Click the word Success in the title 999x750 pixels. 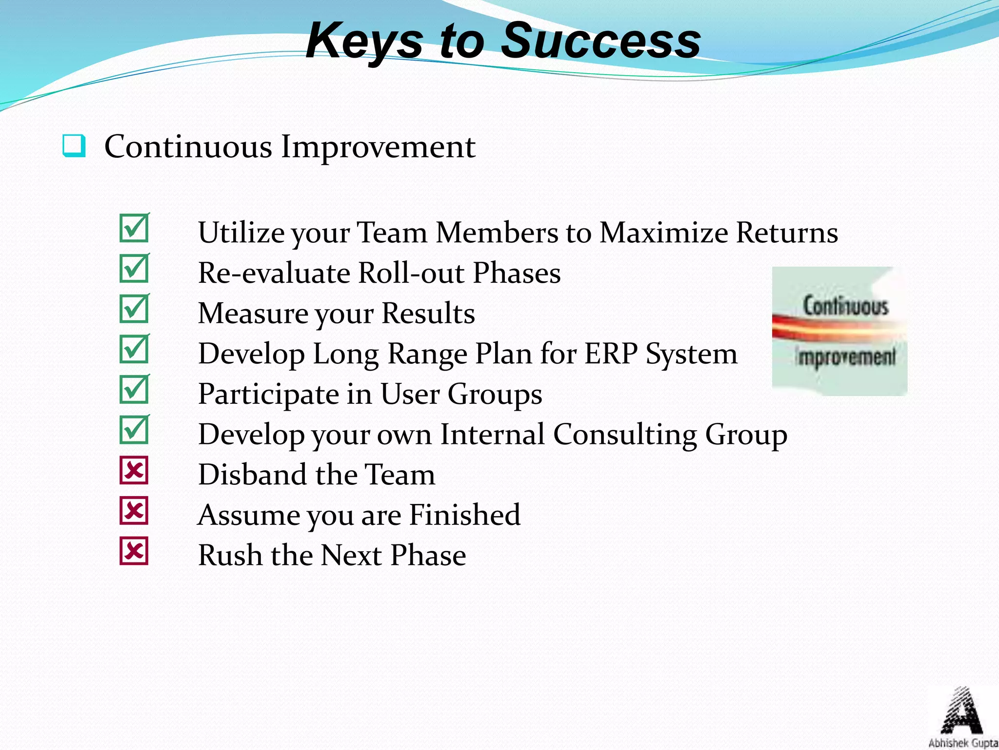tap(601, 41)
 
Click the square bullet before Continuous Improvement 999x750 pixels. tap(74, 146)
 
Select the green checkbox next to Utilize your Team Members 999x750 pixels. tap(134, 228)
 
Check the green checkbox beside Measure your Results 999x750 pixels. tap(134, 309)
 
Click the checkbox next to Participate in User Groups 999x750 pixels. tap(134, 390)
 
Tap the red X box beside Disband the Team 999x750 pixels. tap(134, 471)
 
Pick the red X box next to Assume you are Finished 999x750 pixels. tap(134, 511)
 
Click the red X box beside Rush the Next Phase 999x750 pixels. tap(134, 552)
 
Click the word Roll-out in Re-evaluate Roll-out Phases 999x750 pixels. tap(411, 273)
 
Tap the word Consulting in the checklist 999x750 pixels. tap(624, 434)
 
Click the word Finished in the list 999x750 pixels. tap(464, 515)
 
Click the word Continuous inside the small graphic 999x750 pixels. tap(846, 306)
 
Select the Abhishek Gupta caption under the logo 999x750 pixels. tap(963, 743)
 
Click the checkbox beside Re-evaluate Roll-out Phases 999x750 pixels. tap(134, 269)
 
